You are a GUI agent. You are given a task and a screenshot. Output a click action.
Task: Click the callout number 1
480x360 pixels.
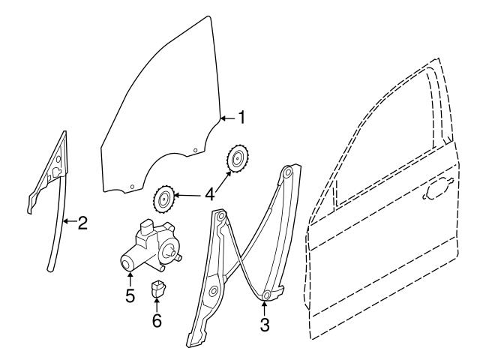pos(241,117)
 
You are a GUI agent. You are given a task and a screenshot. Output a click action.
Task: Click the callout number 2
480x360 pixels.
pos(82,222)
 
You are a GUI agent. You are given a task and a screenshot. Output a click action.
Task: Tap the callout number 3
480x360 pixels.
pos(265,325)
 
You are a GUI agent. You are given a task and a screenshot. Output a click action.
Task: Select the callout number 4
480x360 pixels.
pos(211,194)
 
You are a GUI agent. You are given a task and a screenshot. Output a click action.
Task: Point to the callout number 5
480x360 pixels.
pos(130,295)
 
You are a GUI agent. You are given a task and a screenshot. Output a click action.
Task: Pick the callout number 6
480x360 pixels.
pos(156,320)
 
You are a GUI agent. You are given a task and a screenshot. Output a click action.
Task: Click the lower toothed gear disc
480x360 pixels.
pos(163,200)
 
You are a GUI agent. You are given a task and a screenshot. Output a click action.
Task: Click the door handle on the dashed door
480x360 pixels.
pos(436,193)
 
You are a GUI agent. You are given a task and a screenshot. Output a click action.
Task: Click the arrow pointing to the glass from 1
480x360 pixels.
pos(227,118)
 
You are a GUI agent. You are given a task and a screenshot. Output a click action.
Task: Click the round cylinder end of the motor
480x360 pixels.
pos(128,262)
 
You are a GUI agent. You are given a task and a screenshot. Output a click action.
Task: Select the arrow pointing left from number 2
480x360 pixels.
pos(68,222)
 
